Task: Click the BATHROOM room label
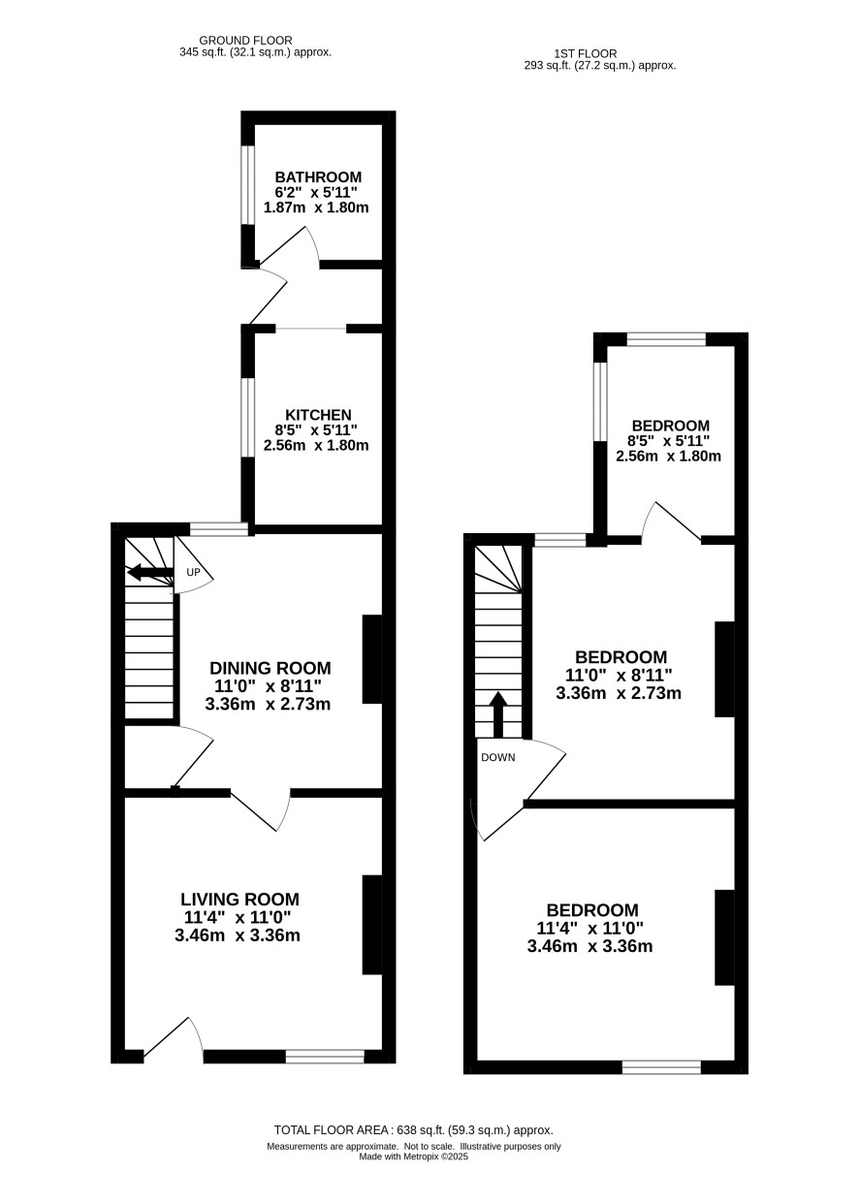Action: [318, 176]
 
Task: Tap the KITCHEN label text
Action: [318, 415]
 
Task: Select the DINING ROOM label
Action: [270, 668]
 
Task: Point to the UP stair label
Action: [193, 573]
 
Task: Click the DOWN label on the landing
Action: [498, 757]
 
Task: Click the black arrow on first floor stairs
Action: [498, 714]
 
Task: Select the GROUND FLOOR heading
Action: [245, 41]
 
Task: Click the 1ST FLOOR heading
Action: [585, 53]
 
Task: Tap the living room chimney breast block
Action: [371, 925]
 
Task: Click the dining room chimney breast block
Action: [371, 659]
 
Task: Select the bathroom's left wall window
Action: [247, 185]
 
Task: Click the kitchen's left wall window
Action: [247, 418]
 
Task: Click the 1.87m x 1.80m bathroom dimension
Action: [316, 207]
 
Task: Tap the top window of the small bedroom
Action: [666, 339]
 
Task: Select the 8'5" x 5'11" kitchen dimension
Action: [316, 429]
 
